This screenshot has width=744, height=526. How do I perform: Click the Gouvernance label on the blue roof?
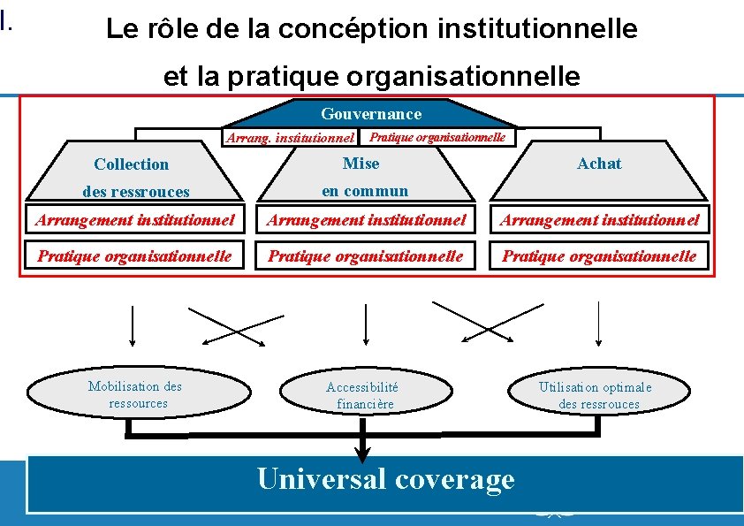[371, 114]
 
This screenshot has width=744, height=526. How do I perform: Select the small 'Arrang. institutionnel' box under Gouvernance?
[291, 138]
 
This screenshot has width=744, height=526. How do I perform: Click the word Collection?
[131, 164]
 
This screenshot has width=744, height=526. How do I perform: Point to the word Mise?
[361, 164]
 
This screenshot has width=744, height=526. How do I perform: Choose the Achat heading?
[599, 164]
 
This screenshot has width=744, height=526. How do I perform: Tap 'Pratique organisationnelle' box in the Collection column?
[134, 256]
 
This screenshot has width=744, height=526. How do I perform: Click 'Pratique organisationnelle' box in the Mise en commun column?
[366, 256]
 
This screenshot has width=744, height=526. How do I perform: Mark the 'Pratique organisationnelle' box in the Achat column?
[600, 256]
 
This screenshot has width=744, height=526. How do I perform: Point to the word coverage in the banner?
[455, 479]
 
